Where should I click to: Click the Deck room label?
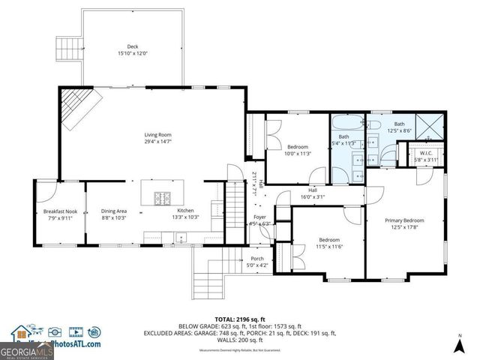click(x=133, y=46)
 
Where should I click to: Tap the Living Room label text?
click(x=158, y=135)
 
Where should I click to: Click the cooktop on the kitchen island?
click(x=162, y=198)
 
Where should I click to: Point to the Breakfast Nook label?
click(x=60, y=211)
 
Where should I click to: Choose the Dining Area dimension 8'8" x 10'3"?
click(x=114, y=217)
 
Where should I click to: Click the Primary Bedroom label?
click(x=405, y=220)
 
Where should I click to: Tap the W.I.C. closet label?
click(x=428, y=154)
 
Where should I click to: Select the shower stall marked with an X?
click(x=429, y=127)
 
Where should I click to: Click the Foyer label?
click(x=259, y=217)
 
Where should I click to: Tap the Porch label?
click(x=257, y=259)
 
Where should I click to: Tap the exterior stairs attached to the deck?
click(x=68, y=49)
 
